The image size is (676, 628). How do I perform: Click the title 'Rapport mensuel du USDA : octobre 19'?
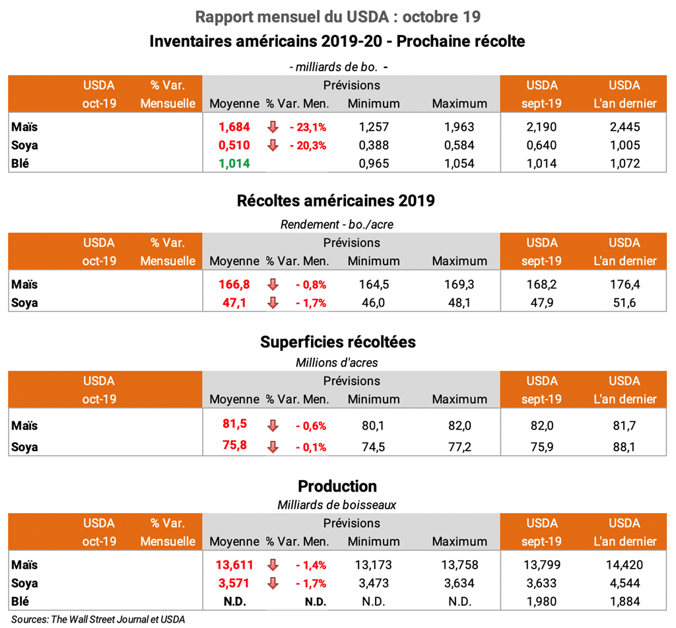click(x=337, y=16)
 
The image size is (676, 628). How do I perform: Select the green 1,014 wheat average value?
click(x=234, y=164)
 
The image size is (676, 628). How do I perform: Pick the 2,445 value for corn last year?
click(x=624, y=127)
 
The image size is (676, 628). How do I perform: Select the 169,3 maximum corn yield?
click(x=459, y=285)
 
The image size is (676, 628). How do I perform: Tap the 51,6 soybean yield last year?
click(x=624, y=303)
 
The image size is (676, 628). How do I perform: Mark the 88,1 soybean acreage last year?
click(x=624, y=447)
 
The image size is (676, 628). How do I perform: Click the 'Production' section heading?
click(x=337, y=486)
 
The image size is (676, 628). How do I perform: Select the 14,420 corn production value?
click(x=624, y=565)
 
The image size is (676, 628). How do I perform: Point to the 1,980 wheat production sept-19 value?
click(x=541, y=602)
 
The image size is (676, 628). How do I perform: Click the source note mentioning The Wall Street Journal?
click(x=98, y=619)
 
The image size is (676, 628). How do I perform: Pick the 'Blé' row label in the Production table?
click(x=21, y=602)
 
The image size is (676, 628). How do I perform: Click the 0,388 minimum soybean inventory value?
click(x=374, y=145)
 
